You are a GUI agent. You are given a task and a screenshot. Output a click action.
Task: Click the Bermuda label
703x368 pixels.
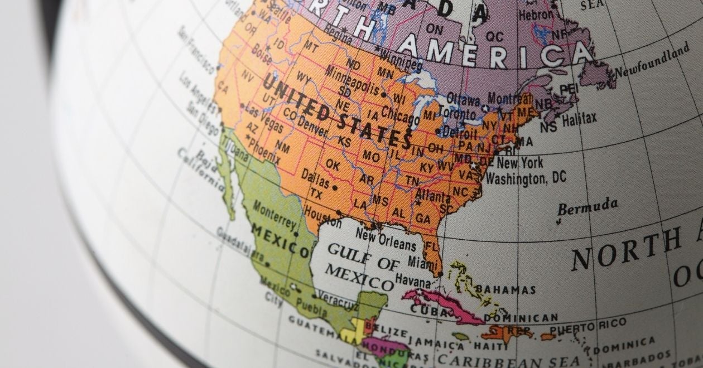click(588, 206)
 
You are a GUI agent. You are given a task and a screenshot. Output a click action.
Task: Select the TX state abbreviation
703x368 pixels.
click(316, 195)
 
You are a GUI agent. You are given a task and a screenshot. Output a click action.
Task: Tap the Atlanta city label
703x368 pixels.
click(433, 196)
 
